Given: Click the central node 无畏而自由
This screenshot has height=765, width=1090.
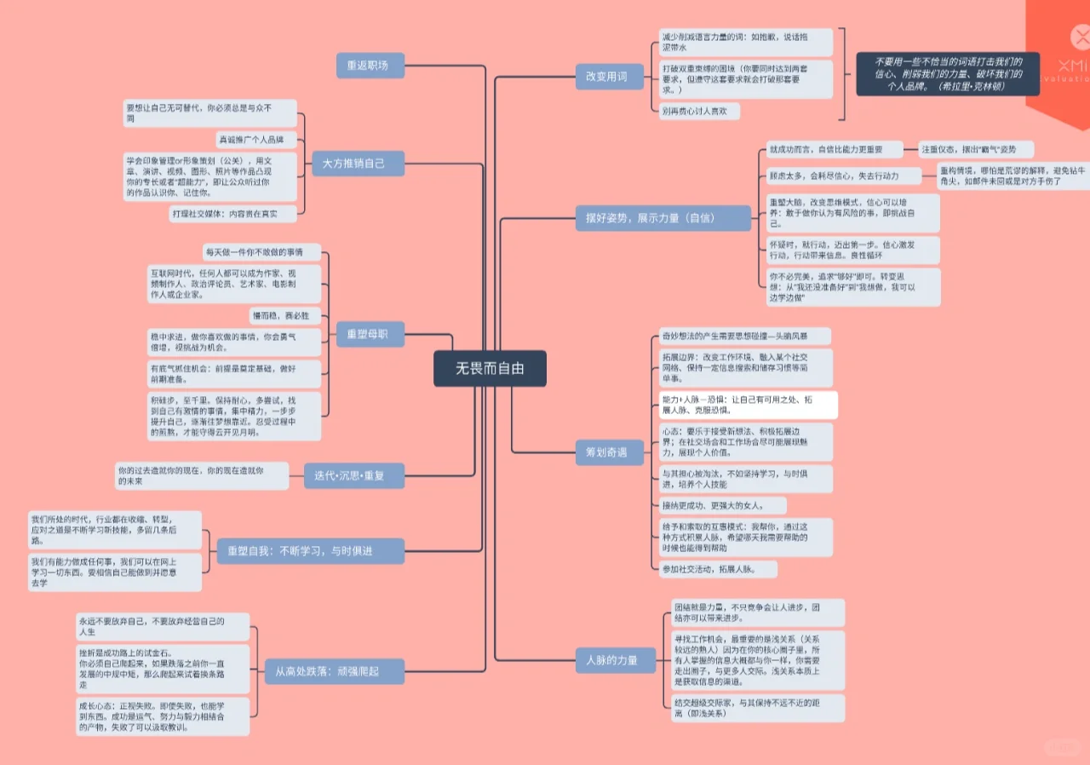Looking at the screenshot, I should [490, 369].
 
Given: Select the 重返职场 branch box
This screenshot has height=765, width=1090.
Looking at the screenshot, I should [362, 65].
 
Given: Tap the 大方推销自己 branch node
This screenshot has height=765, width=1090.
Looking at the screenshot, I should [353, 163].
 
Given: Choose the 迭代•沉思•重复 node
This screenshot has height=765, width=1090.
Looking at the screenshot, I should [354, 475].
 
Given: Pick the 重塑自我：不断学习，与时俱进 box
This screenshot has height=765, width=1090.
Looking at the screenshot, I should [310, 550].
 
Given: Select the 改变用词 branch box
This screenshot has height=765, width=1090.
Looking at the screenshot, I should [605, 77].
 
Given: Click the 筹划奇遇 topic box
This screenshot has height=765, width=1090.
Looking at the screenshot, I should [606, 452].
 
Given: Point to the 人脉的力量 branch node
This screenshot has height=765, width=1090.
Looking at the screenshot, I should [612, 660].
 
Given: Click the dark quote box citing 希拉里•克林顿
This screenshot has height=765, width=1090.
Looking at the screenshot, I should [949, 74].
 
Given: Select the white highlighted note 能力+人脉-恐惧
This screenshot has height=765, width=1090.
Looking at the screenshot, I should [748, 405].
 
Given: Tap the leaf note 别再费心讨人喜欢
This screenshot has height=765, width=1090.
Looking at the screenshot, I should [699, 111].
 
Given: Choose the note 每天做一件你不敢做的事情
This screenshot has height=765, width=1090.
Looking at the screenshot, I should [261, 252].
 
